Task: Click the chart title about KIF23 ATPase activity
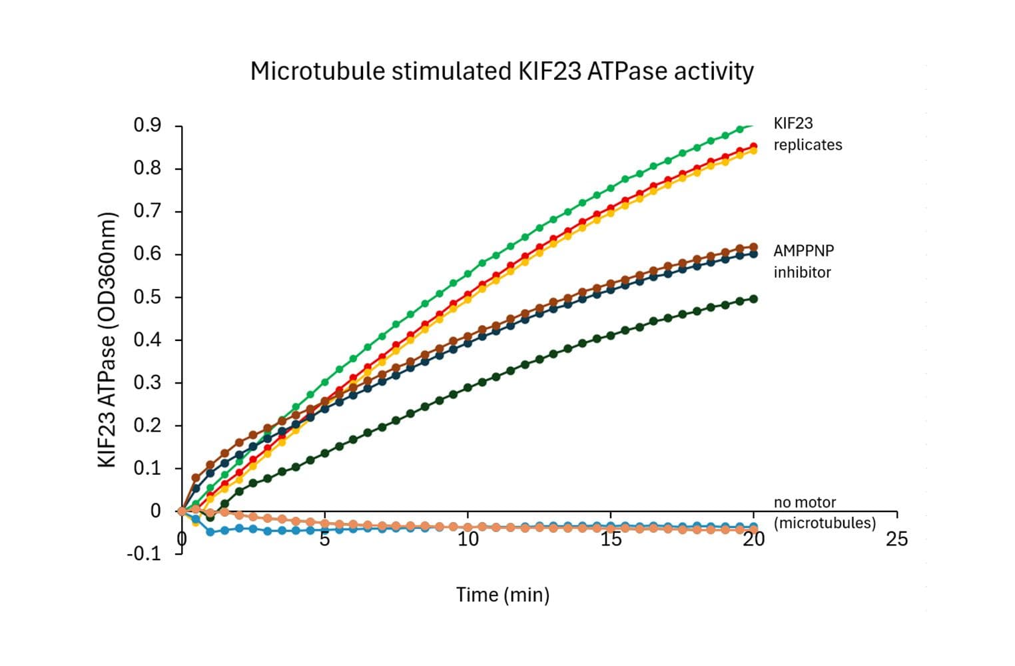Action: tap(502, 71)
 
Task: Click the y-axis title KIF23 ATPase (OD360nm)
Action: tap(107, 340)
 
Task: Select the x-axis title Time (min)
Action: tap(503, 594)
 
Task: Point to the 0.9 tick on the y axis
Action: tap(147, 125)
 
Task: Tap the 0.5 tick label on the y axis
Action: tap(147, 297)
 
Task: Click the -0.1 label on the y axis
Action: tap(144, 553)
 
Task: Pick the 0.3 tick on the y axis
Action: tap(147, 383)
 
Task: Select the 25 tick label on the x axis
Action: tap(896, 539)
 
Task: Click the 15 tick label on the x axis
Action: tap(611, 539)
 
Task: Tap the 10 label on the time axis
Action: tap(468, 539)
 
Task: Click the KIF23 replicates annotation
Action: tap(807, 134)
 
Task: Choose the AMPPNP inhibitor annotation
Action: tap(803, 261)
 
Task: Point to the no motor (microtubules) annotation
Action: tap(825, 512)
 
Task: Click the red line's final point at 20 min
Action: tap(753, 146)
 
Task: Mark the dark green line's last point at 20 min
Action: tap(753, 299)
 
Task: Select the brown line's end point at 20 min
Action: tap(753, 247)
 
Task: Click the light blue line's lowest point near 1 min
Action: tap(210, 531)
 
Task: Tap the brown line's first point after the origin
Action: tap(196, 478)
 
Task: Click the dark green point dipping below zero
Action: tap(210, 517)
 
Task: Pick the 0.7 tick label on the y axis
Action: tap(147, 211)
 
